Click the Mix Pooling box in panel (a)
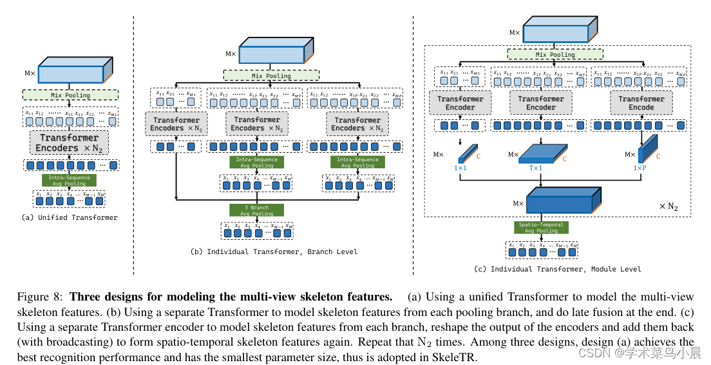(x=70, y=95)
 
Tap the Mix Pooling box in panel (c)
(x=555, y=55)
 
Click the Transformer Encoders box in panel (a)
(x=70, y=143)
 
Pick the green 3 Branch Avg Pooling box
(x=257, y=210)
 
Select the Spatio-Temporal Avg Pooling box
(x=540, y=228)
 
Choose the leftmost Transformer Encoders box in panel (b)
(x=175, y=124)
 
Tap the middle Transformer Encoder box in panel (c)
(x=541, y=103)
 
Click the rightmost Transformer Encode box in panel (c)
(x=641, y=103)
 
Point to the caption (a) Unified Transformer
(x=70, y=218)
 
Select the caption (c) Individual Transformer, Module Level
(x=557, y=269)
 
